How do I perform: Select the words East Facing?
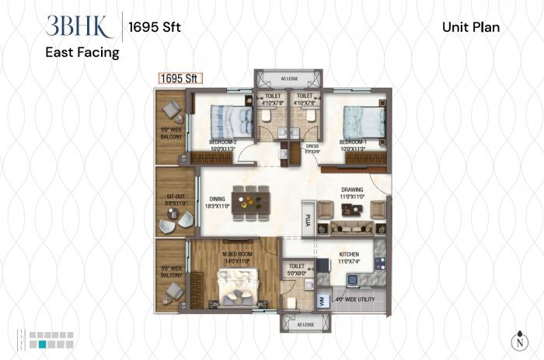(82, 53)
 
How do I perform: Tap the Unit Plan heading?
(470, 27)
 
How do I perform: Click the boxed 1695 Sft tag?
(180, 78)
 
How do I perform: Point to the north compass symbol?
(518, 339)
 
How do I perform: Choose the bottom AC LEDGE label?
(299, 323)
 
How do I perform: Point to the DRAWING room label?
(351, 190)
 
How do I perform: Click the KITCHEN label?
(349, 255)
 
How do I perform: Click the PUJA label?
(308, 219)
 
